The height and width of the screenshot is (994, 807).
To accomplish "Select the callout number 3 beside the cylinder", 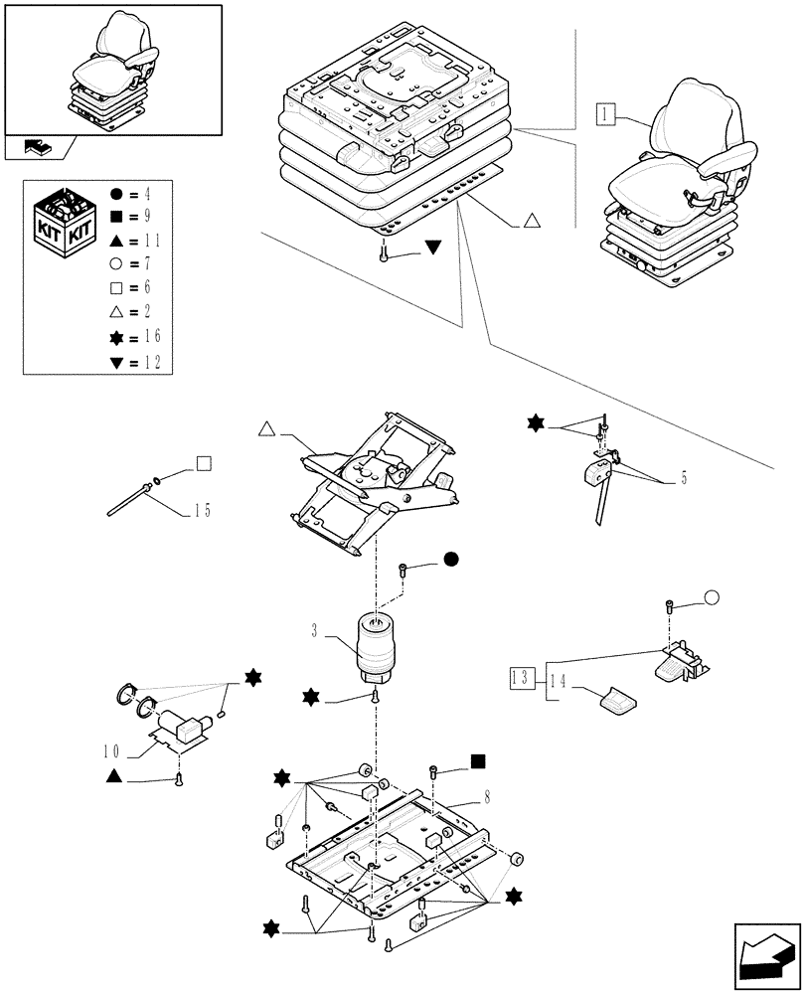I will click(x=314, y=631).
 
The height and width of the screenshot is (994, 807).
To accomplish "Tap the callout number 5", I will click(x=685, y=479).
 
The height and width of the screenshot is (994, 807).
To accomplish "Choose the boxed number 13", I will click(x=517, y=678).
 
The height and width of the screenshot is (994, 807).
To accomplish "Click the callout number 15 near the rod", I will click(x=202, y=512).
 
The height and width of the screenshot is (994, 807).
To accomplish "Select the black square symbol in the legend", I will click(x=118, y=215).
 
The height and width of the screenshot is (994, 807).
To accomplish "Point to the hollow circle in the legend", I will click(x=118, y=263).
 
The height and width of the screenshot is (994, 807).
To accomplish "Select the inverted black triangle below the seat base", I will click(x=433, y=248).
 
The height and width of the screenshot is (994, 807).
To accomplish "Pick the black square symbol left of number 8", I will click(x=478, y=761).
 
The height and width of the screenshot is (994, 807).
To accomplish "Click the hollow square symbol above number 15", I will click(x=203, y=462).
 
